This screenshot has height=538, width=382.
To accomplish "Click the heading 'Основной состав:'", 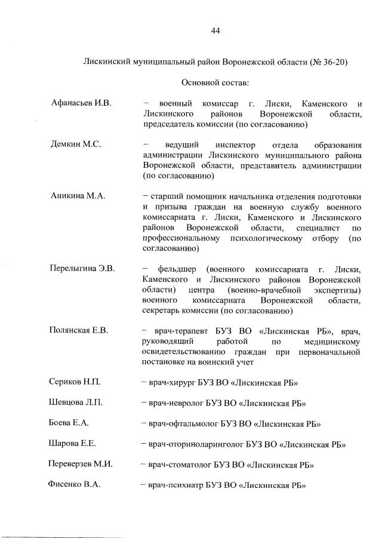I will point(215,82).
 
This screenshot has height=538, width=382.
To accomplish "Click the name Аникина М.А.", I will point(78,195).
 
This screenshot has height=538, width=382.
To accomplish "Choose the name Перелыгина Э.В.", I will point(82,268).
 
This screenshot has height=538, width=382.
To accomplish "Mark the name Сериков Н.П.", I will point(75,382).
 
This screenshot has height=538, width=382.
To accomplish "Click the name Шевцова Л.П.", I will point(76,402).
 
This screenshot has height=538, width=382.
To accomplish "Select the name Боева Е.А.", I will point(69,423).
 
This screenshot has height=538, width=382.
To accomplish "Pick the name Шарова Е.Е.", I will point(72,443).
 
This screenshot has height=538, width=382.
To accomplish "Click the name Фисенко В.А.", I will point(74,485).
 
